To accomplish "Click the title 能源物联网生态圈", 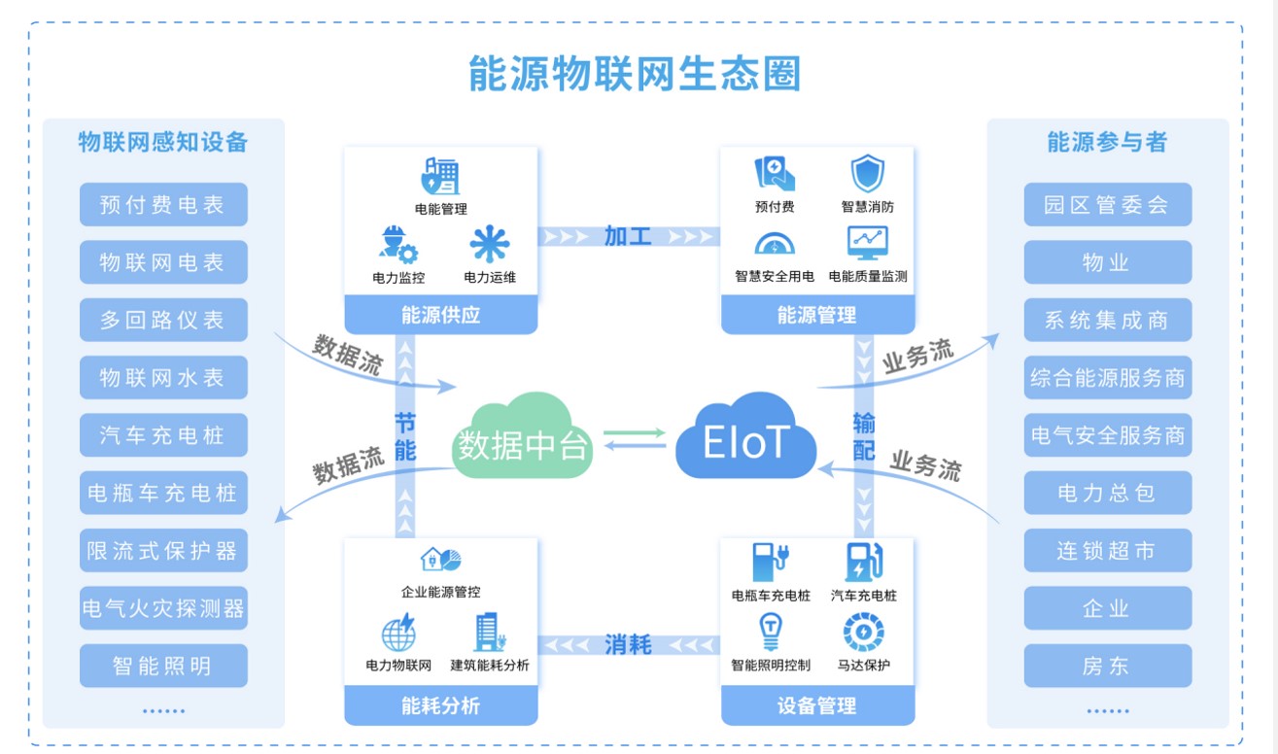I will [635, 74].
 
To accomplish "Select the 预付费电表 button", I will [163, 205].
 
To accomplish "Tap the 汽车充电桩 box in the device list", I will [163, 435].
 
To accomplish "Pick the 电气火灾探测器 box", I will [163, 609].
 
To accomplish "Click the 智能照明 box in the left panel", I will [163, 667].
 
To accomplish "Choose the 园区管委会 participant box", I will [1107, 205].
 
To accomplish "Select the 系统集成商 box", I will [1107, 321].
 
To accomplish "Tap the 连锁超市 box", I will [1107, 551].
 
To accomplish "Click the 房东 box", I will [1107, 667].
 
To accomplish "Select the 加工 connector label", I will [628, 236].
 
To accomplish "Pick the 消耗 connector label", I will [628, 644].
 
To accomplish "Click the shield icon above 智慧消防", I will [867, 175].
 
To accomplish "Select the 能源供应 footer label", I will [440, 315].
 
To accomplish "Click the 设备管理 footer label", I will [817, 706].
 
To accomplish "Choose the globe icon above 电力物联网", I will [398, 633].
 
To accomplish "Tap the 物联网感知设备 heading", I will [163, 143].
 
